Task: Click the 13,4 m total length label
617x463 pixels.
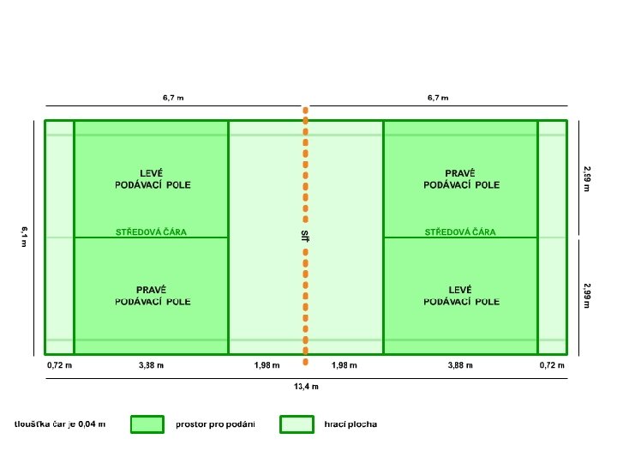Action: [306, 387]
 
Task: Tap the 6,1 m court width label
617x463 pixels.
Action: [25, 237]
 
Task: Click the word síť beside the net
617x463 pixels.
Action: [304, 235]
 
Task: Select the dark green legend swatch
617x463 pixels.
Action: [147, 424]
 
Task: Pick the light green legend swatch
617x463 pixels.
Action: [296, 424]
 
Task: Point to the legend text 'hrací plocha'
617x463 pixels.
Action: [350, 424]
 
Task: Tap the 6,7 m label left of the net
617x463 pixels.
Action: [173, 98]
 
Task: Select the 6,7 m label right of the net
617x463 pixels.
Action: [438, 98]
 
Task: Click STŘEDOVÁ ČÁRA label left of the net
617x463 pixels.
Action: [151, 231]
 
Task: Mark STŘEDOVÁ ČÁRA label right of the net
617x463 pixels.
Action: [460, 231]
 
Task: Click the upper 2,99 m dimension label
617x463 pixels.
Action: [587, 178]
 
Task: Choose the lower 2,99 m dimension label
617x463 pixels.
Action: [587, 296]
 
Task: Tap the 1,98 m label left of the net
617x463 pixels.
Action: [267, 365]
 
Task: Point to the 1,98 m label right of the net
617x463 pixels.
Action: [344, 365]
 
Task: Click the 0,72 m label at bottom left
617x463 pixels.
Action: [59, 365]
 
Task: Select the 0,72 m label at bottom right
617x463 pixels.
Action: [552, 365]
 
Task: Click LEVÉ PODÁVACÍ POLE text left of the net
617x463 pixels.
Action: [153, 177]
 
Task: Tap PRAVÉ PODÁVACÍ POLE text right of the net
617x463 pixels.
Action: [461, 177]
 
